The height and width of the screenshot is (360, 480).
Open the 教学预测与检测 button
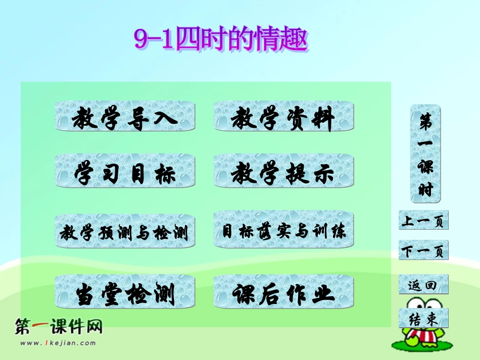[124, 232]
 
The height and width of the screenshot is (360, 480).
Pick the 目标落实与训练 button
[283, 231]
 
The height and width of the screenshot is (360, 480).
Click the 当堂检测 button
[124, 292]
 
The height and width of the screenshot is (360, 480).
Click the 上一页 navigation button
[423, 220]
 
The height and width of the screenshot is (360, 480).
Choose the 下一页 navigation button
[423, 250]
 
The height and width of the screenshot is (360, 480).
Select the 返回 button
[423, 284]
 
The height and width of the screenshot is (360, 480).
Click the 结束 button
[423, 318]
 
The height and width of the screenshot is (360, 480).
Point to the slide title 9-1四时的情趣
[220, 40]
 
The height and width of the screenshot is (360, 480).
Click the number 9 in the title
[140, 40]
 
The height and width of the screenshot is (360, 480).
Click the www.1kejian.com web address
[58, 343]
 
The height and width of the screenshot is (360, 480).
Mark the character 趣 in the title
[295, 40]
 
